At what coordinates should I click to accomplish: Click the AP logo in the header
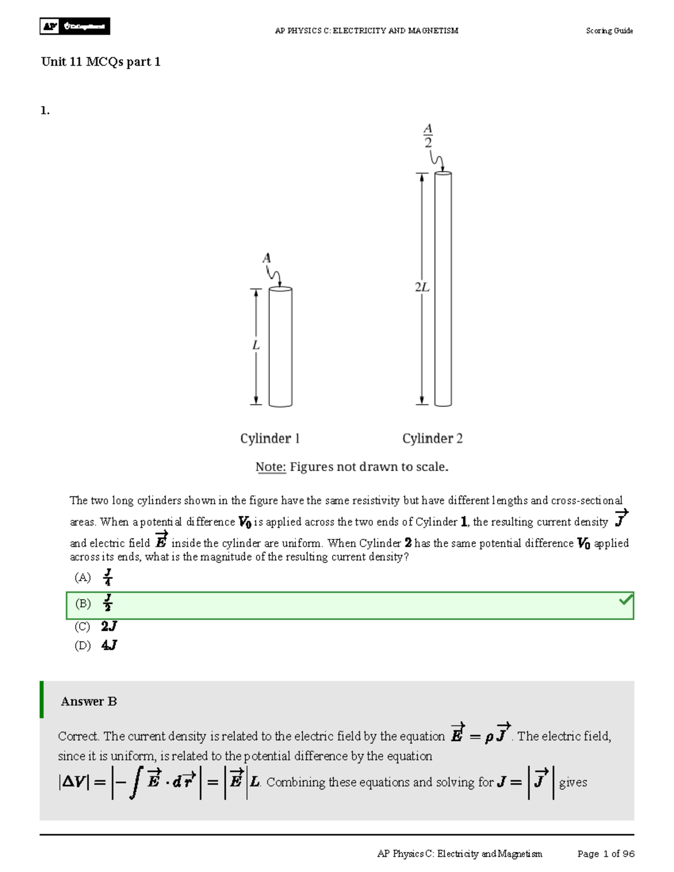coord(51,26)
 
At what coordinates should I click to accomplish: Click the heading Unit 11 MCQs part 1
coord(101,62)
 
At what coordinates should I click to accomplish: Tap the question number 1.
coord(45,111)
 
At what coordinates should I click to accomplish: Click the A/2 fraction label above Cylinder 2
coord(428,136)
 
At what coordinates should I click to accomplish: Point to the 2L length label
coord(422,287)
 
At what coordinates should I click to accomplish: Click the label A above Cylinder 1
coord(267,258)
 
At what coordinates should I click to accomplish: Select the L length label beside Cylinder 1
coord(256,345)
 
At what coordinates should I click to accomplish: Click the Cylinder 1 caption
coord(270,439)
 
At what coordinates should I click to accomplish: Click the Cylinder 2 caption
coord(432,439)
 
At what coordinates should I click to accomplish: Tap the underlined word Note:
coord(271,467)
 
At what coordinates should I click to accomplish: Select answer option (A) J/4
coord(94,577)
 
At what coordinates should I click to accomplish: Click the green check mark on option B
coord(625,600)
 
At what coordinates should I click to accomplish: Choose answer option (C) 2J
coord(96,627)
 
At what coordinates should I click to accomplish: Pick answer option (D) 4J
coord(96,646)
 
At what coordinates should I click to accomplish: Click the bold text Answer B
coord(89,701)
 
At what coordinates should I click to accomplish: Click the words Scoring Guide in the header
coord(609,31)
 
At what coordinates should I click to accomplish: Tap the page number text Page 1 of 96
coord(605,853)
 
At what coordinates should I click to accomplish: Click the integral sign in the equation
coord(135,782)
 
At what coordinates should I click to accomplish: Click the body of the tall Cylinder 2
coord(443,289)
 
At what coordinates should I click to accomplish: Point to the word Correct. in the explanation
coord(78,736)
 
